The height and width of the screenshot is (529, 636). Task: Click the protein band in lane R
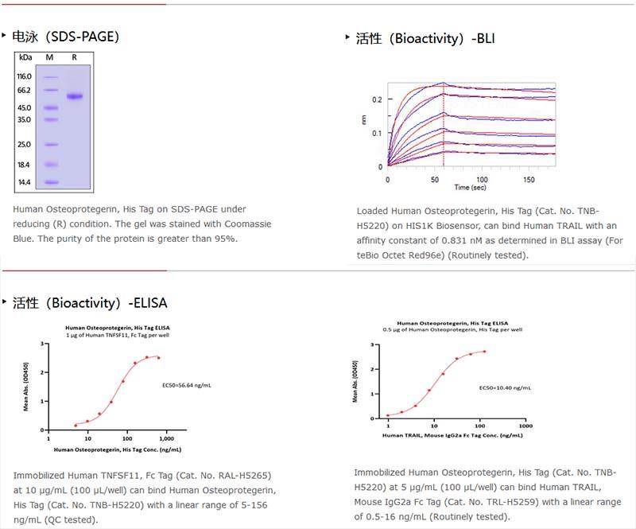[74, 96]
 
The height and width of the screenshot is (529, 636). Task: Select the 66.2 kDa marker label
[24, 91]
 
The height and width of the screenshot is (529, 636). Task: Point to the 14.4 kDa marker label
[24, 182]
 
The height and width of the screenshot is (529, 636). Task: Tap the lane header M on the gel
[49, 57]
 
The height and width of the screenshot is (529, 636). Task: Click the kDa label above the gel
[25, 57]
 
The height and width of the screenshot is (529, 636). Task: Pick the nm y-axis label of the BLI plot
[363, 119]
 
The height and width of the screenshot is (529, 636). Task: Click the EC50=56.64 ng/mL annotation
[187, 385]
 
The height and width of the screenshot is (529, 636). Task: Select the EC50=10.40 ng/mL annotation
[505, 388]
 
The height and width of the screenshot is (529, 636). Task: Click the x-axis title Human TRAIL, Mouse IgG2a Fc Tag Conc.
[452, 435]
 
